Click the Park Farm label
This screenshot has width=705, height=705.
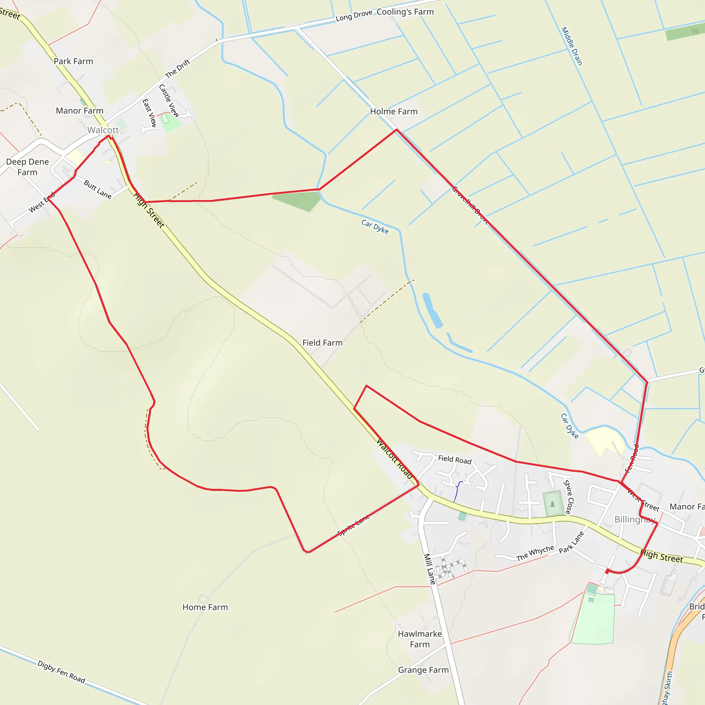tap(73, 61)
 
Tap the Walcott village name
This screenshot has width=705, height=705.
tap(103, 130)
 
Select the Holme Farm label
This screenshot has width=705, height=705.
tap(394, 112)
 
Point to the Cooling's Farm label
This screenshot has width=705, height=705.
tap(405, 12)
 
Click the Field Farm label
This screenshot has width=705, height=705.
tap(322, 343)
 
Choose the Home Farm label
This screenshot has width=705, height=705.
tap(205, 607)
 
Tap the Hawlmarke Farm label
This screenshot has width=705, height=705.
tap(420, 639)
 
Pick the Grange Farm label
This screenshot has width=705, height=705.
tap(423, 670)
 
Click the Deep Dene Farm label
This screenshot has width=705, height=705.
tap(28, 167)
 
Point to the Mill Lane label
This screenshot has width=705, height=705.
tap(430, 569)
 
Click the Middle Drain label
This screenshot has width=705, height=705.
tap(571, 46)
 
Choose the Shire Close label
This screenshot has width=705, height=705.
tap(568, 497)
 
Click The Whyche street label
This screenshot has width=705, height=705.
tap(535, 553)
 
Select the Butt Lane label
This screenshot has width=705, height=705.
tap(97, 189)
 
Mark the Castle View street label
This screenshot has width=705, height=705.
tap(169, 101)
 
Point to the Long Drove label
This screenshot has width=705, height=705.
tap(354, 15)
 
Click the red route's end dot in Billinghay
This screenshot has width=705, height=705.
tap(607, 571)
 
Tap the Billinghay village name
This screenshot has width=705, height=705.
tap(635, 519)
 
